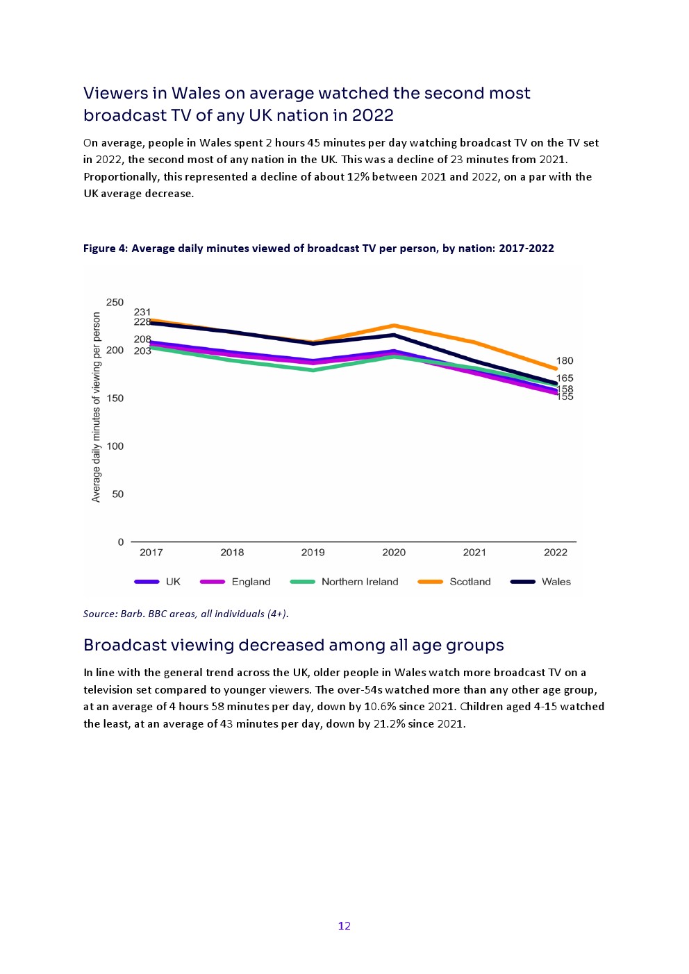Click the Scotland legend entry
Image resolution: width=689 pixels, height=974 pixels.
click(x=470, y=582)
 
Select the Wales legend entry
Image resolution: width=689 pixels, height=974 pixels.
click(x=556, y=582)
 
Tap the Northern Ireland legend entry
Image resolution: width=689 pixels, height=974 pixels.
click(x=359, y=582)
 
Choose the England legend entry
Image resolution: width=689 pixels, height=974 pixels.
click(x=251, y=582)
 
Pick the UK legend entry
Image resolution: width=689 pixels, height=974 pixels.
click(x=173, y=582)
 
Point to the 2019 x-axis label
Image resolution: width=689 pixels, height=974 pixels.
click(x=313, y=553)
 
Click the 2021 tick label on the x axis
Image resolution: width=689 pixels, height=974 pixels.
click(x=474, y=553)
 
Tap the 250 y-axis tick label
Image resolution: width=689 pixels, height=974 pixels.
click(x=115, y=303)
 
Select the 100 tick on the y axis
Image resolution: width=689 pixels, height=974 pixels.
click(x=115, y=446)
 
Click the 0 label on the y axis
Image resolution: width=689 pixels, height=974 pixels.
click(x=121, y=542)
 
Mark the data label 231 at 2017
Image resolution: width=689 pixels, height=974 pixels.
click(x=142, y=312)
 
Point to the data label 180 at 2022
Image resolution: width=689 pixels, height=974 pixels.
click(x=565, y=361)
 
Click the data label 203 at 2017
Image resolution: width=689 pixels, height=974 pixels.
click(x=142, y=351)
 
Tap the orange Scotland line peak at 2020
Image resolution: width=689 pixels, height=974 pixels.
click(x=394, y=326)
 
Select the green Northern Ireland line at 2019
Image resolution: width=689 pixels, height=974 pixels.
click(x=313, y=370)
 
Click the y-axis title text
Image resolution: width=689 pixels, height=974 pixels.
click(x=97, y=407)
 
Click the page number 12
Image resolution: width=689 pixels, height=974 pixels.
click(x=344, y=926)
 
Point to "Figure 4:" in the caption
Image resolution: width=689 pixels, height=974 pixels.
click(x=106, y=249)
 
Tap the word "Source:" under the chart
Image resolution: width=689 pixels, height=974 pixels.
click(x=100, y=614)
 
